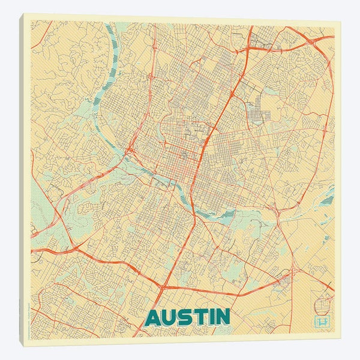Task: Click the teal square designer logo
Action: [323, 322]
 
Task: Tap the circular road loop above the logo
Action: [328, 295]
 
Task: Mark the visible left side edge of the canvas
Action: [22, 180]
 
